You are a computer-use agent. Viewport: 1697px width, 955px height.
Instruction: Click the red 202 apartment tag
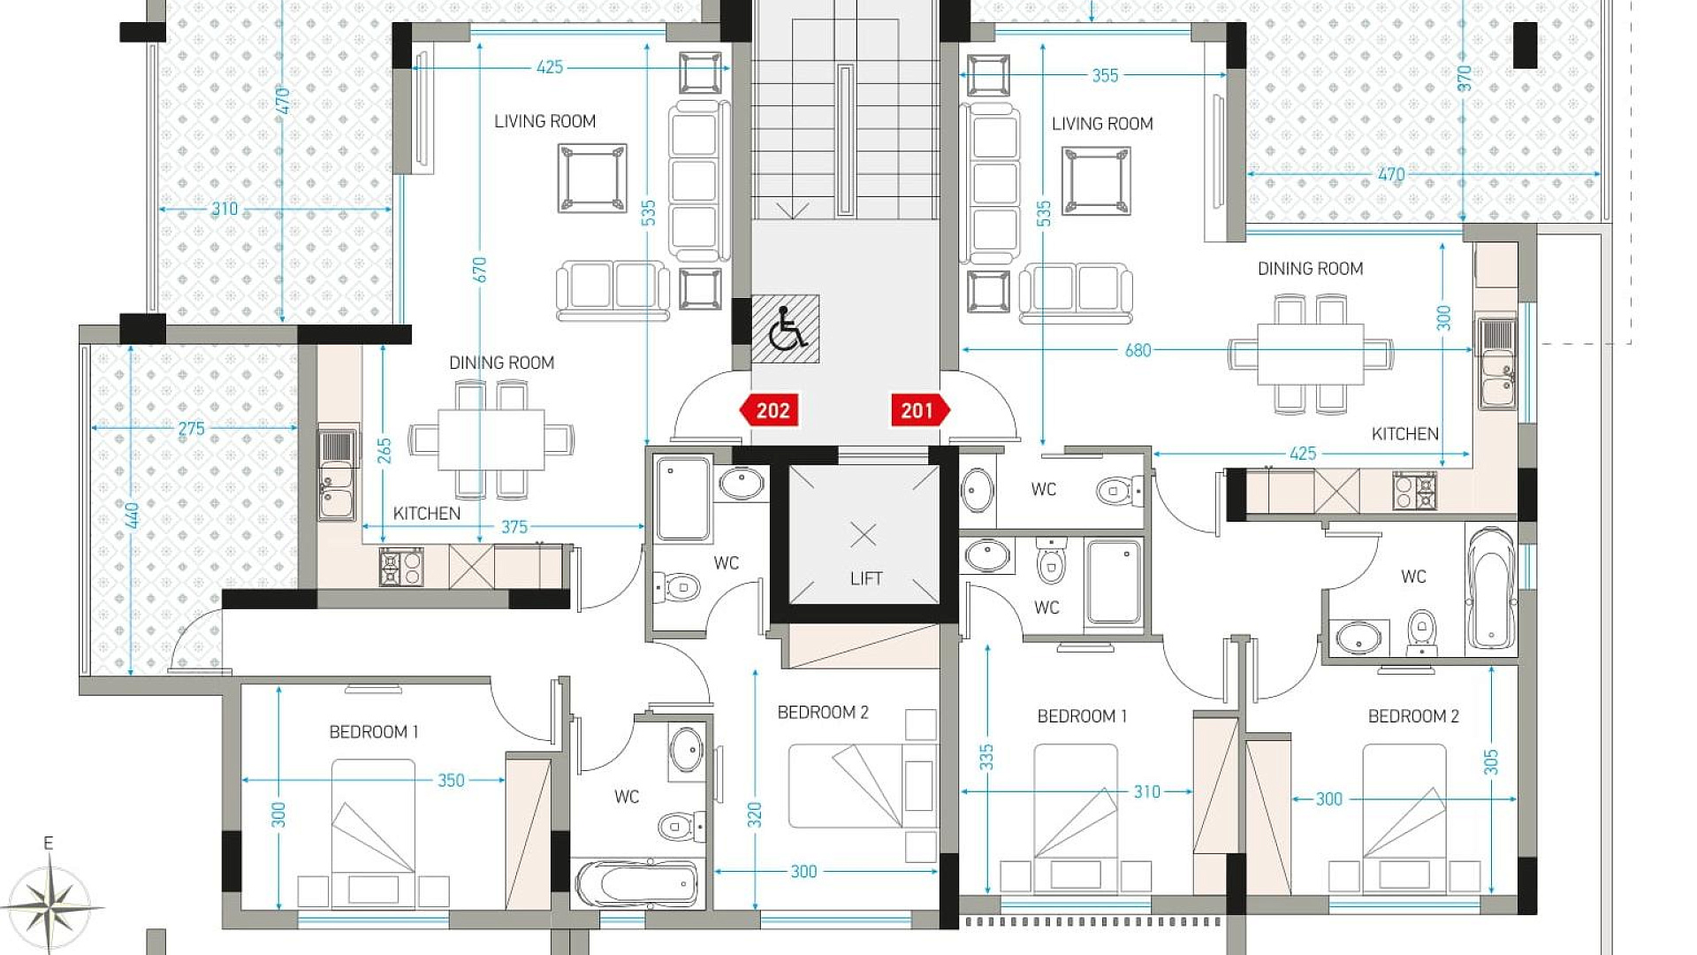(769, 410)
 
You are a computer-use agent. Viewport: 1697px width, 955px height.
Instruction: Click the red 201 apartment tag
(920, 410)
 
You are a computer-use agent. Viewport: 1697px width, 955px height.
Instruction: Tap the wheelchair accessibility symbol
(786, 329)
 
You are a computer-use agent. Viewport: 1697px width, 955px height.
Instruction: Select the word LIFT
(866, 578)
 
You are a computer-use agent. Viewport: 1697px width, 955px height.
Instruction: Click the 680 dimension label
(1138, 350)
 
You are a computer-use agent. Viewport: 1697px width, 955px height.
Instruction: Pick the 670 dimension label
(479, 270)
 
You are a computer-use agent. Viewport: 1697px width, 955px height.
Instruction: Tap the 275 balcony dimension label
(191, 429)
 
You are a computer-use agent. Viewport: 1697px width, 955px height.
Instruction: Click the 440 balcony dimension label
(132, 516)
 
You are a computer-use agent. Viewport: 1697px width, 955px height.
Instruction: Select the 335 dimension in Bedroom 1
(986, 758)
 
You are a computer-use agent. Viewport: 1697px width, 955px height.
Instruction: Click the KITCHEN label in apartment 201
(1404, 434)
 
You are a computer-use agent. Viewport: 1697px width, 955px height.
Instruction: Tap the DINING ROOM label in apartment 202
(501, 363)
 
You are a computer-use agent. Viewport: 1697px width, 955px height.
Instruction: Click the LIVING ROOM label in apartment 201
(1102, 124)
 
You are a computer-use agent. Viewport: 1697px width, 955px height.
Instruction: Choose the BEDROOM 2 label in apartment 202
(823, 713)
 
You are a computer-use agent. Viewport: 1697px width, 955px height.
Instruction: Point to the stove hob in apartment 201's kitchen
(1414, 492)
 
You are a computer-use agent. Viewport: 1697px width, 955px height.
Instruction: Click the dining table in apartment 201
(1311, 354)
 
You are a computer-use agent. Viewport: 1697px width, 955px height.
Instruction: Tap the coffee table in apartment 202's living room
(592, 178)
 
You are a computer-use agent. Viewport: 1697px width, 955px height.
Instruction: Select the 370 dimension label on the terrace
(1465, 78)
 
